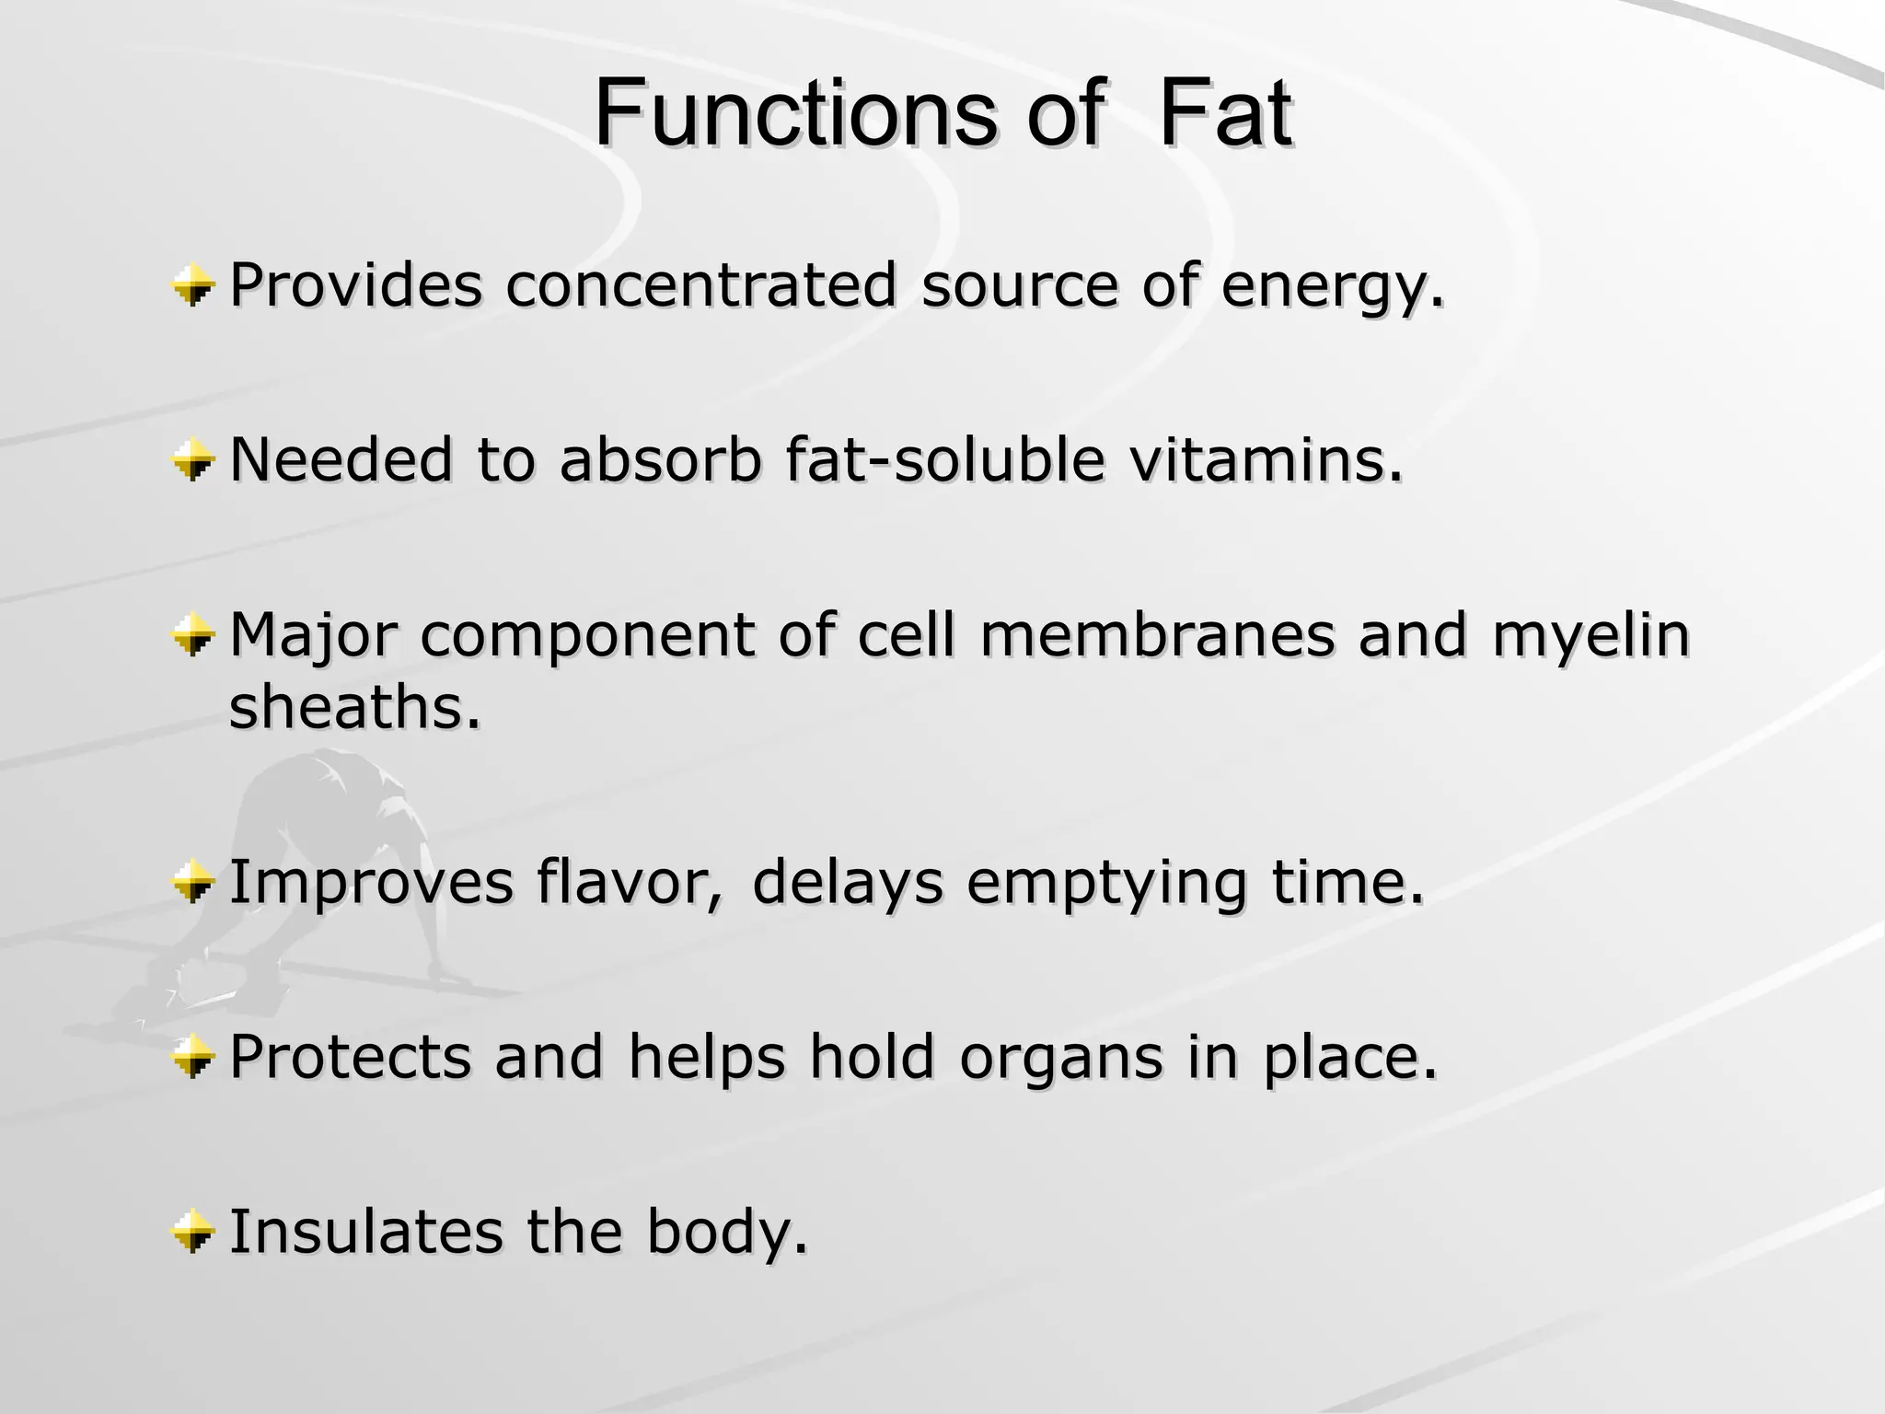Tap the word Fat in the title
1224,114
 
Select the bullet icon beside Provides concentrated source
193,284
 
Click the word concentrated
700,284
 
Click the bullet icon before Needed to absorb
193,459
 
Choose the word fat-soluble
944,459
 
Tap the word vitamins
1266,459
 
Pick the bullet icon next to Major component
193,636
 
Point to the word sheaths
354,708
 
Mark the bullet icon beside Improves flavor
193,883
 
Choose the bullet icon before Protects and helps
193,1056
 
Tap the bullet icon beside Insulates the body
193,1232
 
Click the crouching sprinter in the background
304,884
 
